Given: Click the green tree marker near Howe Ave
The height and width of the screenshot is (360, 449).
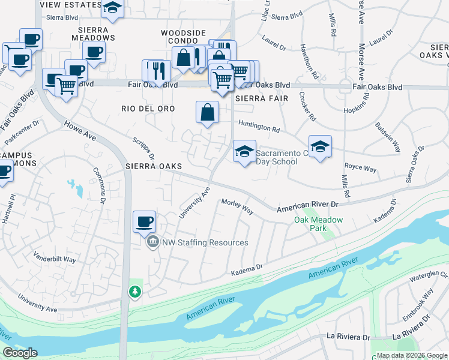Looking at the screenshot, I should pos(136,292).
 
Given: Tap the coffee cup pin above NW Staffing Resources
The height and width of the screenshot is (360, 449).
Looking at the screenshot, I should pos(144,222).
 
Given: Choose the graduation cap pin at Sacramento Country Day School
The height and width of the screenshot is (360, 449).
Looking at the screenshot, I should pos(244,152).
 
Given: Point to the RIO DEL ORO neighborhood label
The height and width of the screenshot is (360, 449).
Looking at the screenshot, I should pos(148,109).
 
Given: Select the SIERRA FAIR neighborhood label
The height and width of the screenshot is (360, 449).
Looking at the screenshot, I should pos(262,98).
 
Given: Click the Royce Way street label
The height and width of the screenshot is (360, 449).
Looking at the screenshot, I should pos(360,169).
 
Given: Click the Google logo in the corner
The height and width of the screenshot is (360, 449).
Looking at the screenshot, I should pos(20,352).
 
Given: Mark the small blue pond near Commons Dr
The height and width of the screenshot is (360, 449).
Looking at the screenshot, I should pos(76,188).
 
